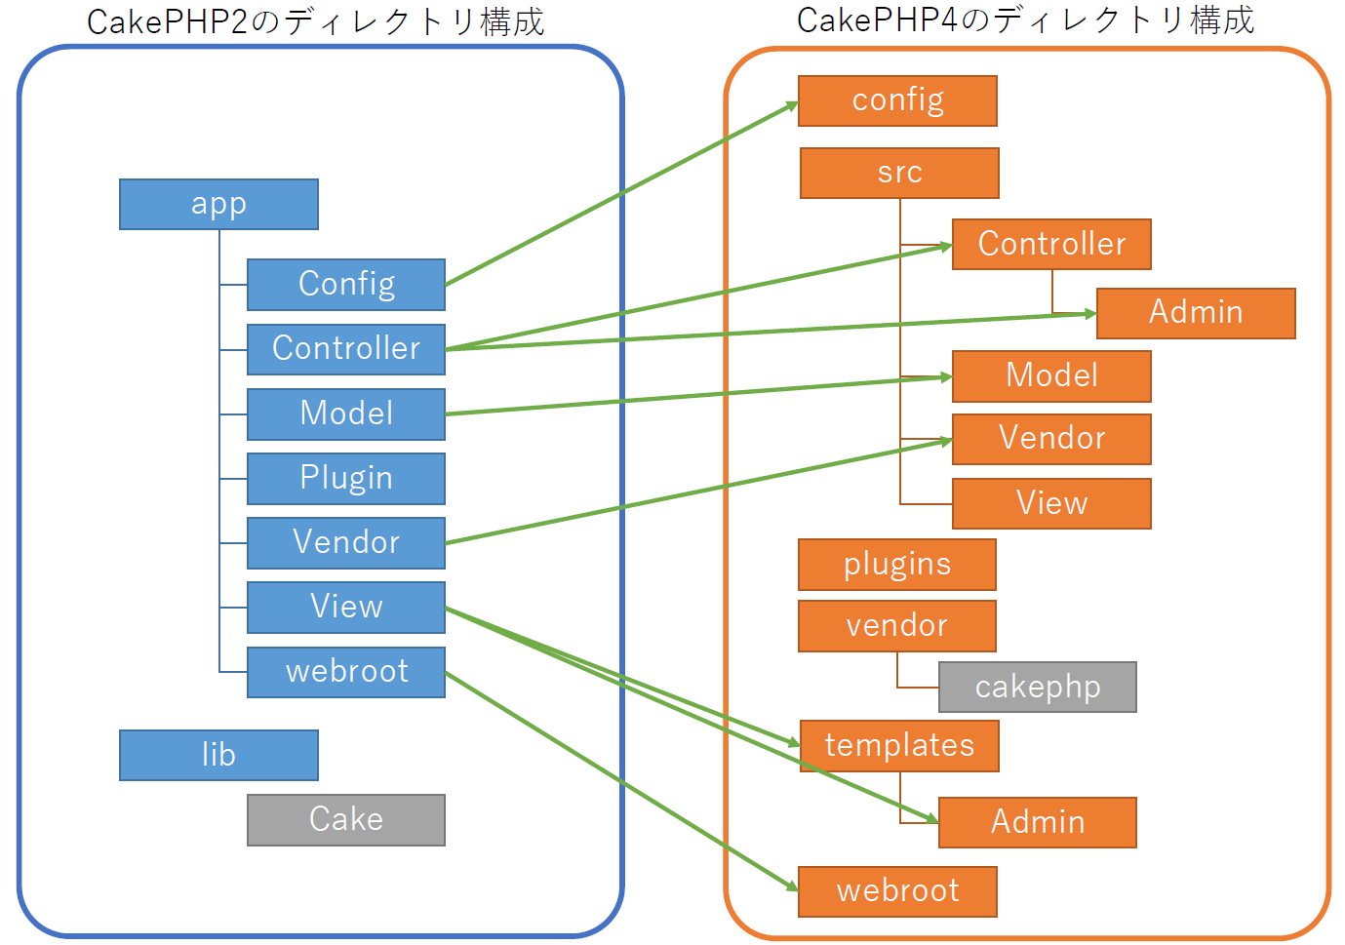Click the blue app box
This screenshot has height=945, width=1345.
218,204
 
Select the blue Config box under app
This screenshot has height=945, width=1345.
346,284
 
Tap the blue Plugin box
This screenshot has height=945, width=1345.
346,478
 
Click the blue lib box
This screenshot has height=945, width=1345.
218,755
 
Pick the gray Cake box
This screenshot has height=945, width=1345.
346,819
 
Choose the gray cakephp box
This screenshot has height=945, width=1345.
1037,687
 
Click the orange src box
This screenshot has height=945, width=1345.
899,173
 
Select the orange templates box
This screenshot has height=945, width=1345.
899,746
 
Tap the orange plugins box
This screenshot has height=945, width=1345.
896,565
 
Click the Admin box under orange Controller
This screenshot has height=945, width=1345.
1196,313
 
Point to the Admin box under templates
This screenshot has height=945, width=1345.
1037,822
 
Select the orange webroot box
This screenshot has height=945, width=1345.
897,891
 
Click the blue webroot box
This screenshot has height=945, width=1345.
346,672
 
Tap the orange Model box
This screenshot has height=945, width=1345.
1051,375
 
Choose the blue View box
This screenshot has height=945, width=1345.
346,607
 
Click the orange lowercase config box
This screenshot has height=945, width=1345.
897,100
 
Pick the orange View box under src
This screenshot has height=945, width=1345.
1051,503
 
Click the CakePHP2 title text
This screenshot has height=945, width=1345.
315,21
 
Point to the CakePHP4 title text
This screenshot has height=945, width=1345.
1025,20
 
